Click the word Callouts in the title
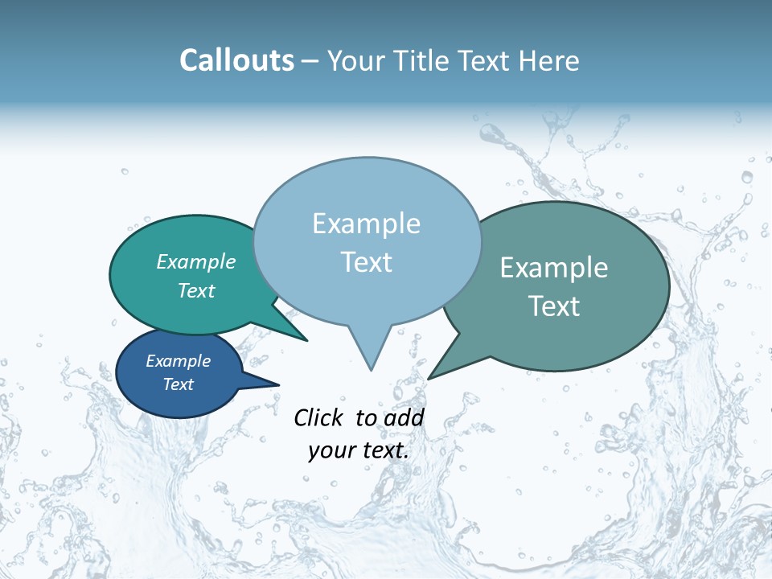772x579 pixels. pos(236,60)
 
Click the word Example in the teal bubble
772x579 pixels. pos(196,261)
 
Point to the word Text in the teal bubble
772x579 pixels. pos(196,290)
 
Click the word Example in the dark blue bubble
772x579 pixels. pos(178,361)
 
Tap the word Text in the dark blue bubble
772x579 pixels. pos(179,384)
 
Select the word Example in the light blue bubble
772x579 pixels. pos(366,224)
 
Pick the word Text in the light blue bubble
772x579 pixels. pos(366,262)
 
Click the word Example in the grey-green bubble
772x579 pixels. pos(554,268)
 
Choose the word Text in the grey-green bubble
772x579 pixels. pos(554,306)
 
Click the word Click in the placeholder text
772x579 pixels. pos(319,417)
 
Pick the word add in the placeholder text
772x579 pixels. pos(404,417)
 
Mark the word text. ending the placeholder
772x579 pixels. pos(384,450)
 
